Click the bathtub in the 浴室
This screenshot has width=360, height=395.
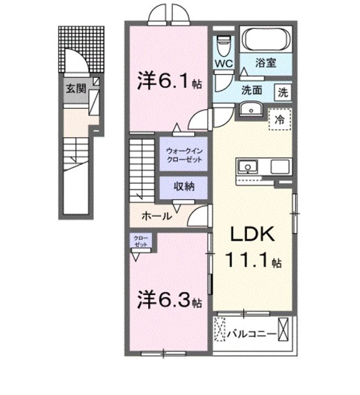pyautogui.click(x=266, y=39)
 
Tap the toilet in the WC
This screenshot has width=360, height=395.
pyautogui.click(x=224, y=46)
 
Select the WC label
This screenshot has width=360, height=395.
pyautogui.click(x=224, y=63)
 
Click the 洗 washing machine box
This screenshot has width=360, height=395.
pyautogui.click(x=283, y=92)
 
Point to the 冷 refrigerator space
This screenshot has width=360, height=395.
pyautogui.click(x=280, y=119)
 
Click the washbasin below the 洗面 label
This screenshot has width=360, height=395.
pyautogui.click(x=251, y=109)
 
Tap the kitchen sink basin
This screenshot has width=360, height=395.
pyautogui.click(x=248, y=167)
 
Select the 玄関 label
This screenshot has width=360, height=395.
pyautogui.click(x=76, y=88)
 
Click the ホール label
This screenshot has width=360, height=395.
pyautogui.click(x=157, y=216)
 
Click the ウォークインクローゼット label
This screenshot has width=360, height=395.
pyautogui.click(x=184, y=155)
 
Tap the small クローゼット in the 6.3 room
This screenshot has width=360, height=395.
pyautogui.click(x=141, y=241)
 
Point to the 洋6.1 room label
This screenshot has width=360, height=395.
pyautogui.click(x=169, y=81)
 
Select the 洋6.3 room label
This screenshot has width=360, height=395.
pyautogui.click(x=169, y=300)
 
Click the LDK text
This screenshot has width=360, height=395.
pyautogui.click(x=252, y=234)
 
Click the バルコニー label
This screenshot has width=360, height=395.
pyautogui.click(x=252, y=334)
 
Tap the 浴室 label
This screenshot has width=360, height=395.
pyautogui.click(x=266, y=63)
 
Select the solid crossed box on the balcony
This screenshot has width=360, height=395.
pyautogui.click(x=283, y=329)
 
